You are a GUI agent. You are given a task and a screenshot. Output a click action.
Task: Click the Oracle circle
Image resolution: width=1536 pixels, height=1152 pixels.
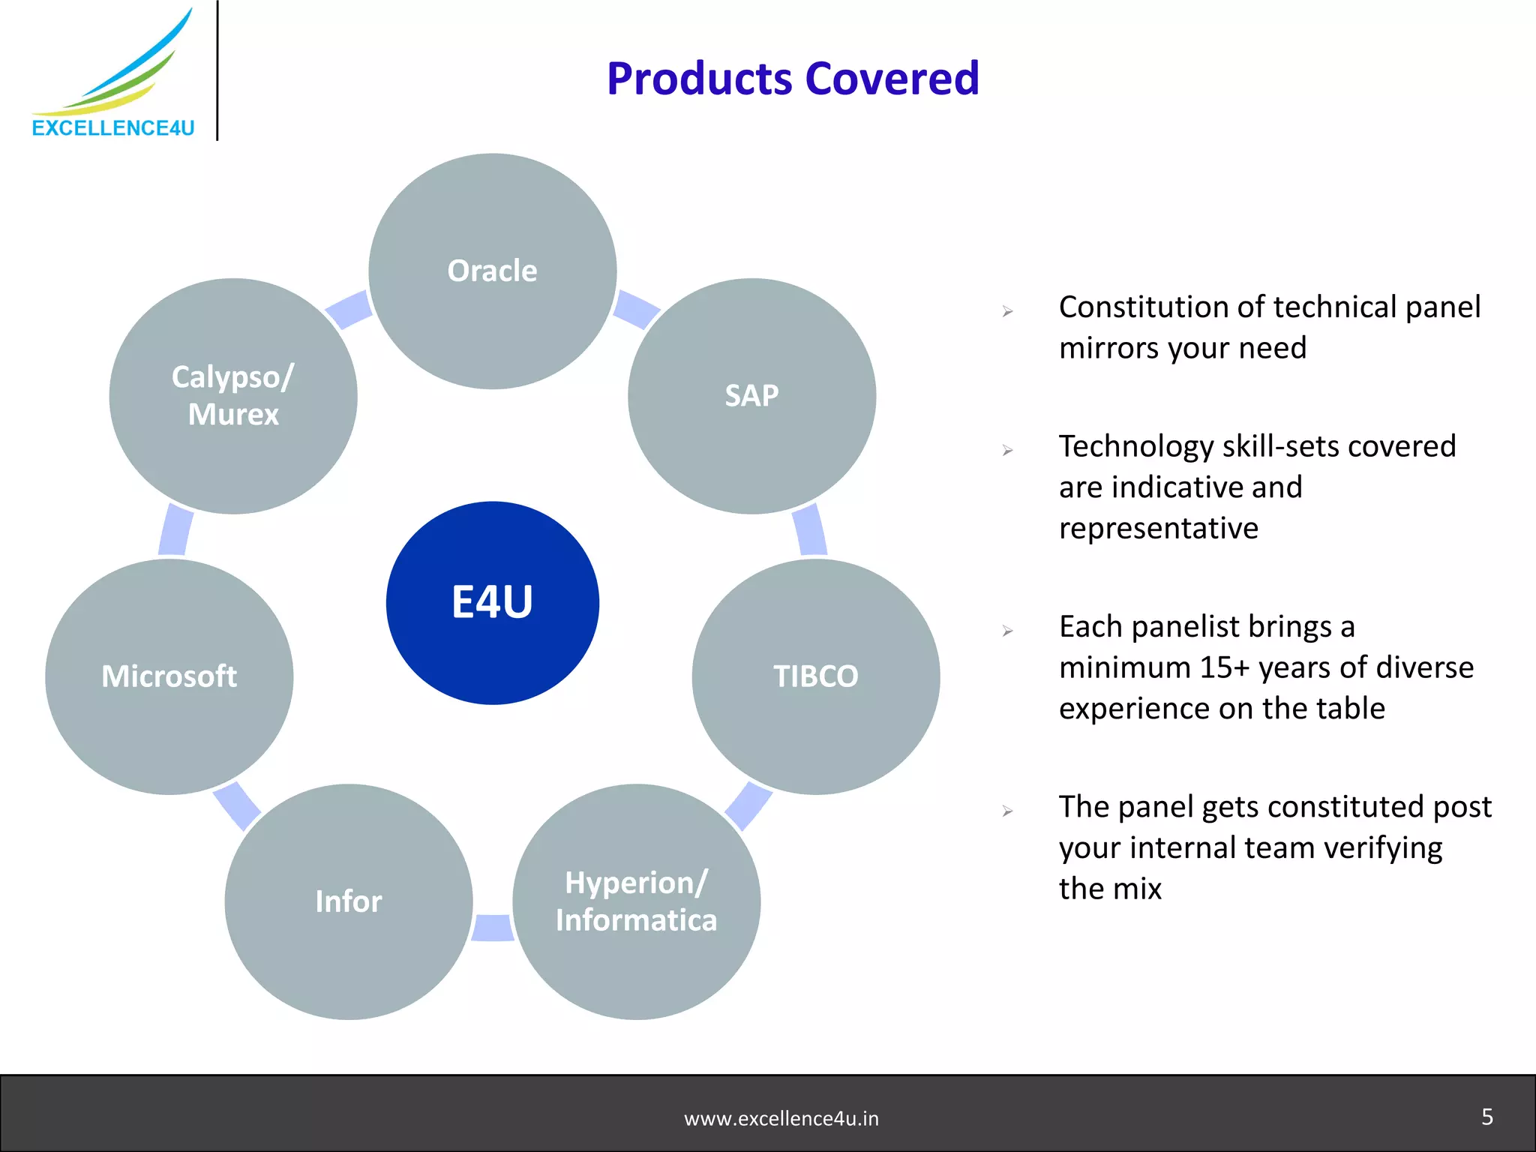point(492,271)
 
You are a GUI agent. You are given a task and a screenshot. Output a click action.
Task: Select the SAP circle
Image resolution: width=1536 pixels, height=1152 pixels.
point(751,396)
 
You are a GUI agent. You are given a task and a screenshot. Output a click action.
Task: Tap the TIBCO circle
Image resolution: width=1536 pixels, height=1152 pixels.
point(815,676)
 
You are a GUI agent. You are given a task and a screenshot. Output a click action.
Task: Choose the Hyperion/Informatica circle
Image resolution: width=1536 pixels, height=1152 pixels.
point(636,901)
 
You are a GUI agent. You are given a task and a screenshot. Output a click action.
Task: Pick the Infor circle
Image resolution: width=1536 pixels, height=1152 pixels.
point(348,901)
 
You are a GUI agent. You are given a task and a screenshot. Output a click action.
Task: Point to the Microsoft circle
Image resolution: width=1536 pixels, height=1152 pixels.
point(169,676)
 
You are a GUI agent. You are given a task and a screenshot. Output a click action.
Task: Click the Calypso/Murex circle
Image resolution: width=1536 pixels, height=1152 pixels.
point(233,396)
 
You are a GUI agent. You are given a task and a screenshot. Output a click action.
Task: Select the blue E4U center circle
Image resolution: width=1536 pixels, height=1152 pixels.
point(492,603)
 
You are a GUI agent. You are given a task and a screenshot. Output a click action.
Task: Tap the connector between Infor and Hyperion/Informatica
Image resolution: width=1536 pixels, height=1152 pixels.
point(493,927)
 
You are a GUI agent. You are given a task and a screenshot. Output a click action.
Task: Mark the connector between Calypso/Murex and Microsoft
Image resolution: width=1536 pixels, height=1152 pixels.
point(175,530)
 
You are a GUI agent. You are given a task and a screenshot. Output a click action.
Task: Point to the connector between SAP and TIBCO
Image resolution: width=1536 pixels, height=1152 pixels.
point(810,530)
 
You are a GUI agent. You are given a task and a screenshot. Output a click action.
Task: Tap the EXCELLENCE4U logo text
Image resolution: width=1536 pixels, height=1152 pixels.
point(113,128)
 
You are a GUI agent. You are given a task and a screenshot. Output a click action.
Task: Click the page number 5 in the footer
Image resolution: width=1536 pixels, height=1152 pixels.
point(1487,1117)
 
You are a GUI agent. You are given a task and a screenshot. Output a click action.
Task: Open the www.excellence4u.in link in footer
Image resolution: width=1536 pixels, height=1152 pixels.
point(781,1119)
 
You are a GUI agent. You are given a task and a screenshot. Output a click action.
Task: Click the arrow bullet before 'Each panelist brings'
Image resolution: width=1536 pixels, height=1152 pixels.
point(1007,631)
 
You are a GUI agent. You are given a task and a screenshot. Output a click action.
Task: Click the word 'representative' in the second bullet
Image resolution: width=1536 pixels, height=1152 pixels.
point(1158,529)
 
